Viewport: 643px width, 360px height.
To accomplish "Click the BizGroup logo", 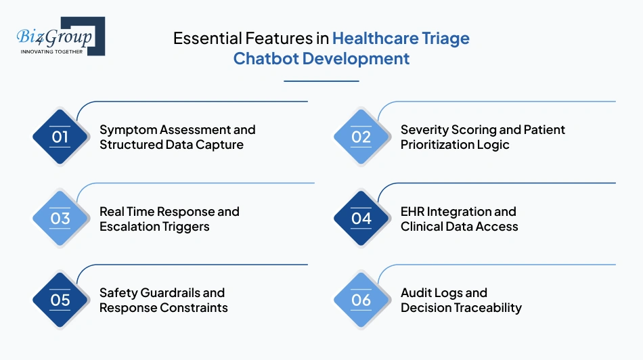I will [x=60, y=35].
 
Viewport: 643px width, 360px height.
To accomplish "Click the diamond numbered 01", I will [x=61, y=137].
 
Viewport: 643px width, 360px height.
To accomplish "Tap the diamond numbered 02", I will [x=361, y=137].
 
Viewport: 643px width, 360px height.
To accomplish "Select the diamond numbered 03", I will [x=61, y=219].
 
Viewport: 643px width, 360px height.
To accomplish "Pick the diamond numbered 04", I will [x=361, y=219].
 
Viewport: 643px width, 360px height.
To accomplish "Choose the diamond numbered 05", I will [x=61, y=300].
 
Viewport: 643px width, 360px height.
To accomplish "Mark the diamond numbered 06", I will [x=361, y=300].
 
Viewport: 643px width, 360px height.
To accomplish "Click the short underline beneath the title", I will [x=321, y=81].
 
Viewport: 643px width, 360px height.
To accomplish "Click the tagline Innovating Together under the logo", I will [x=51, y=51].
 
